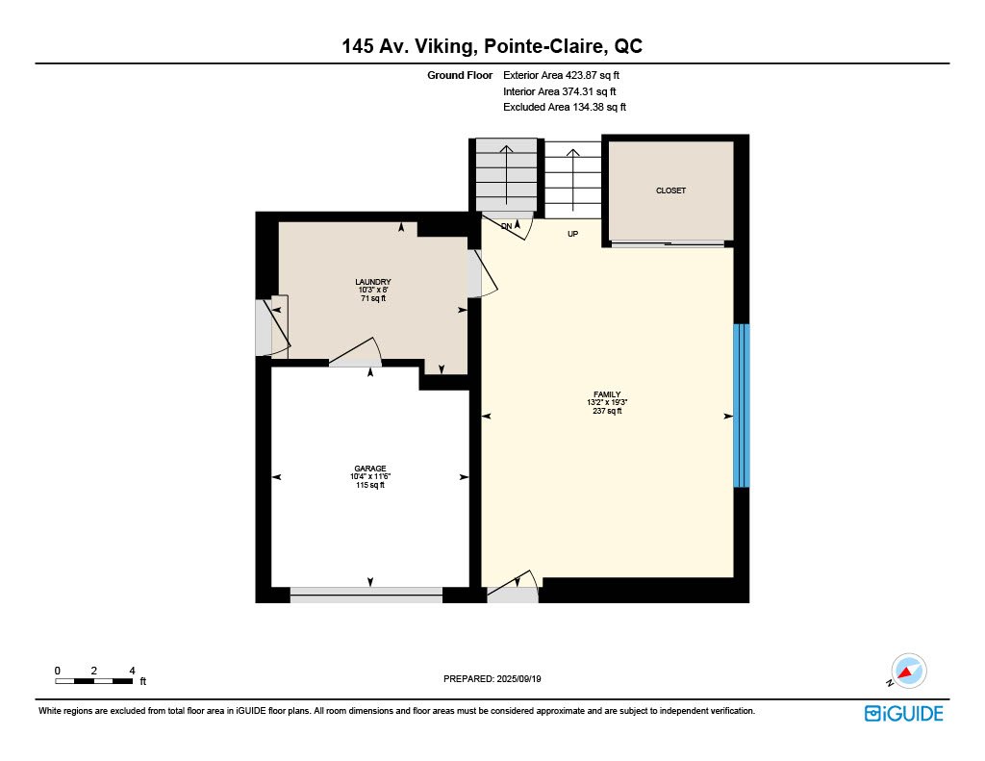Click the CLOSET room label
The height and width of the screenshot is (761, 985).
[670, 190]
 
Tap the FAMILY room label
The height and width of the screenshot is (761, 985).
[607, 394]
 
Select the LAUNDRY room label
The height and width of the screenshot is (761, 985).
[373, 282]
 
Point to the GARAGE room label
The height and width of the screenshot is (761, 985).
[370, 469]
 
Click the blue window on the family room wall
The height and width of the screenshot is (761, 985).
[742, 405]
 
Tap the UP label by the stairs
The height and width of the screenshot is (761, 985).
[572, 234]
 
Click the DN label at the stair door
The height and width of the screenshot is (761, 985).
[506, 226]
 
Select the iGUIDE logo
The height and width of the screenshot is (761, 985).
[903, 713]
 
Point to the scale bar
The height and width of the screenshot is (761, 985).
[94, 681]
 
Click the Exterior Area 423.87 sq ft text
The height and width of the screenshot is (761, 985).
[561, 75]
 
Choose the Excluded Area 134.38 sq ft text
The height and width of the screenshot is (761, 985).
[564, 108]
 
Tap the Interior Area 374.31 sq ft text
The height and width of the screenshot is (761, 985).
[559, 91]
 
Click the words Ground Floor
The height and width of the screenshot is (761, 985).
[460, 75]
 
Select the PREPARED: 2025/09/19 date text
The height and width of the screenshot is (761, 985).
[492, 678]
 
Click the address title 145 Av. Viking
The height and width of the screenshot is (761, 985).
[407, 46]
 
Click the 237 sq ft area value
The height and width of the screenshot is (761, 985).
[607, 411]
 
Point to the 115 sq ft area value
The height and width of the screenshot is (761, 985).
[370, 485]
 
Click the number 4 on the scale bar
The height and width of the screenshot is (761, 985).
[132, 672]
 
